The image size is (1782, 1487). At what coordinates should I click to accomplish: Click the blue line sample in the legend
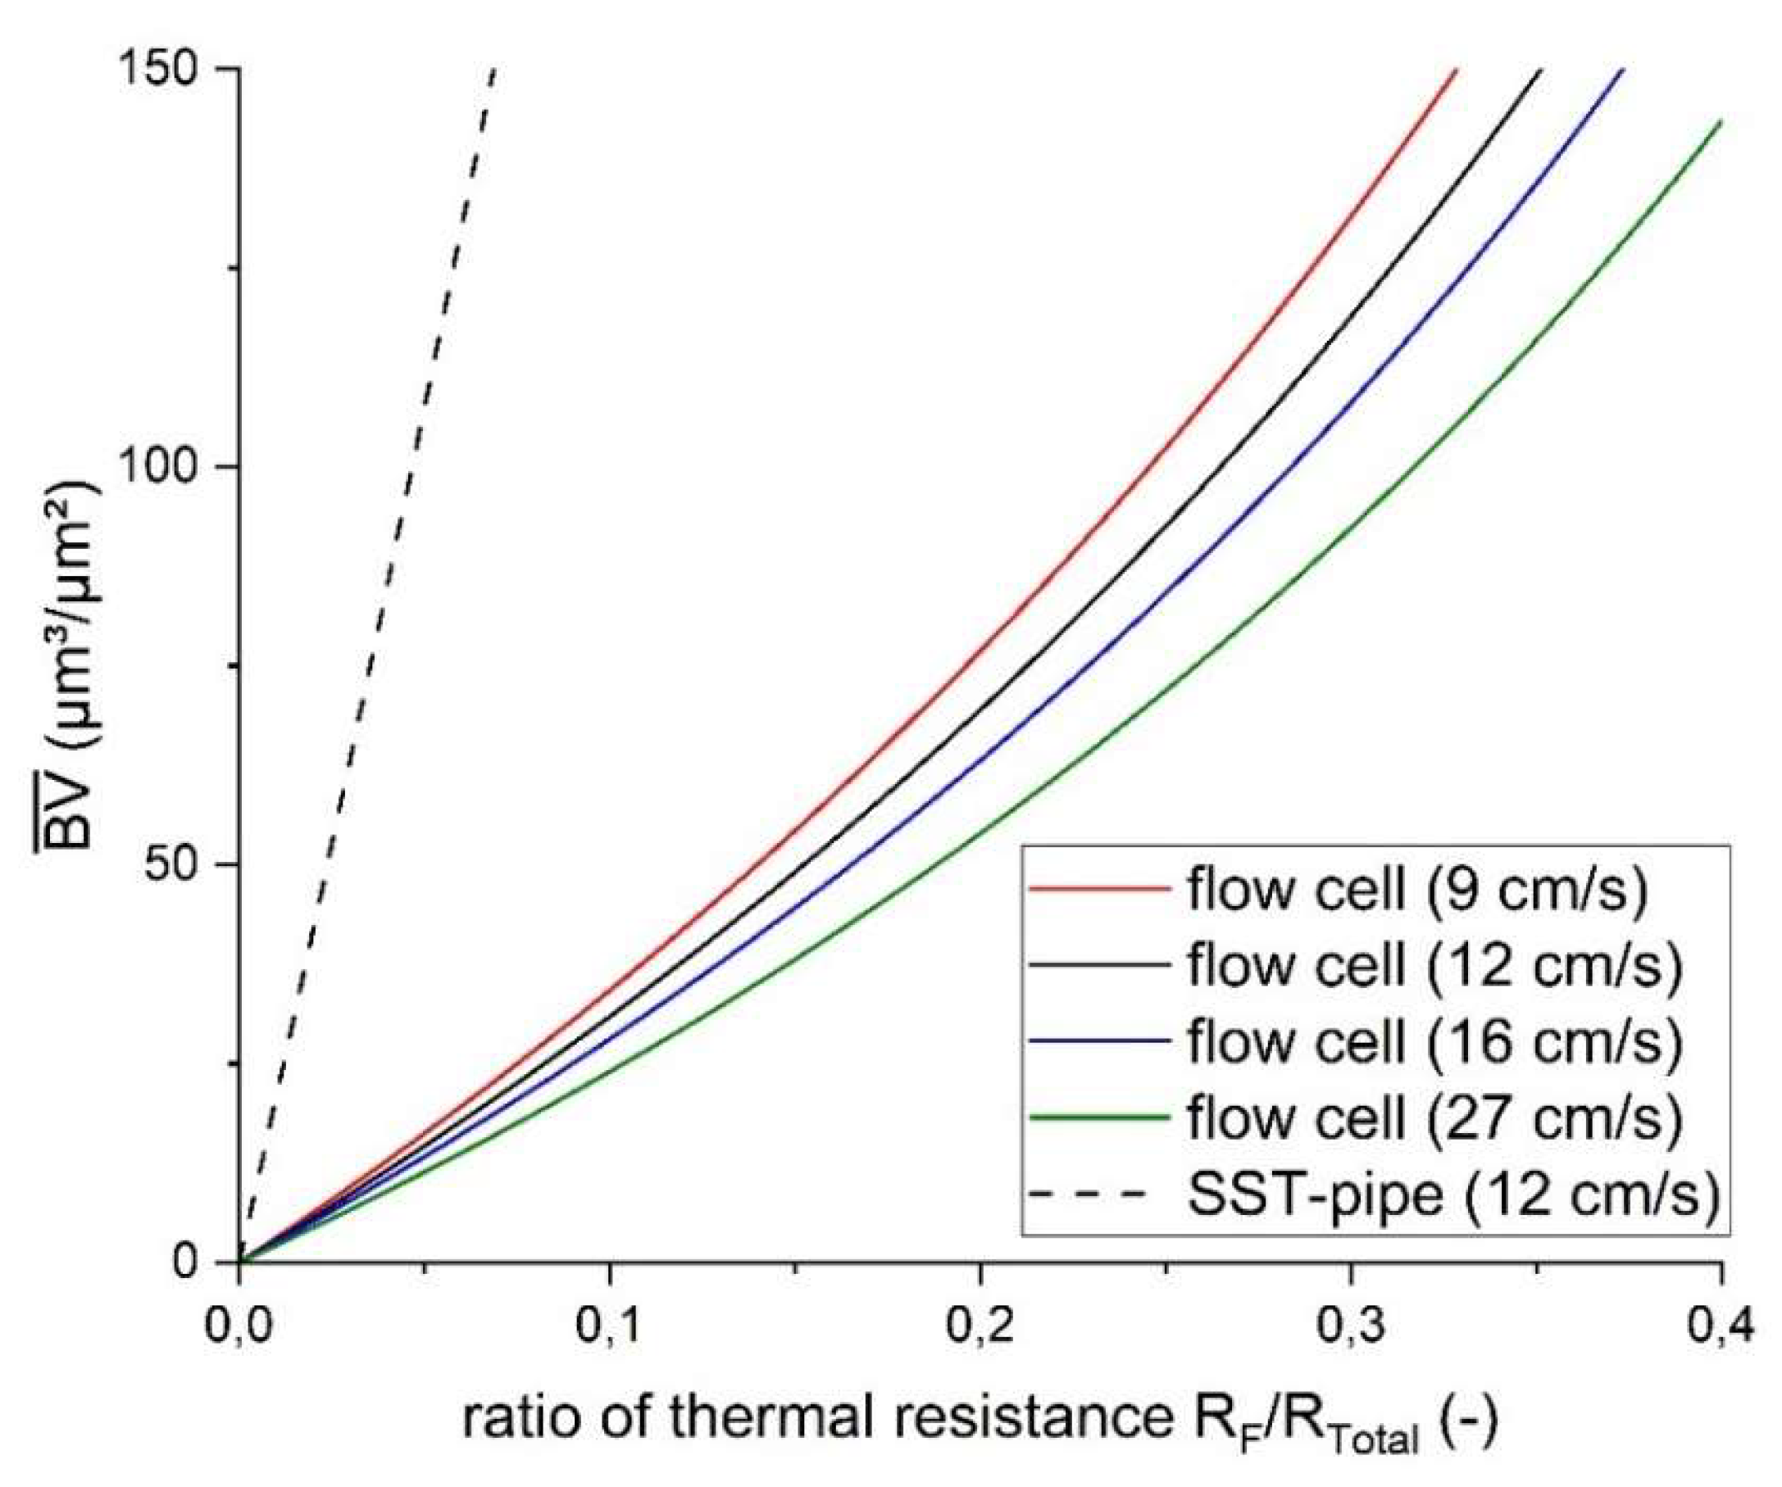point(1099,1040)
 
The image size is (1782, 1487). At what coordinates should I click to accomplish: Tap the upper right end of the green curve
point(1718,124)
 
